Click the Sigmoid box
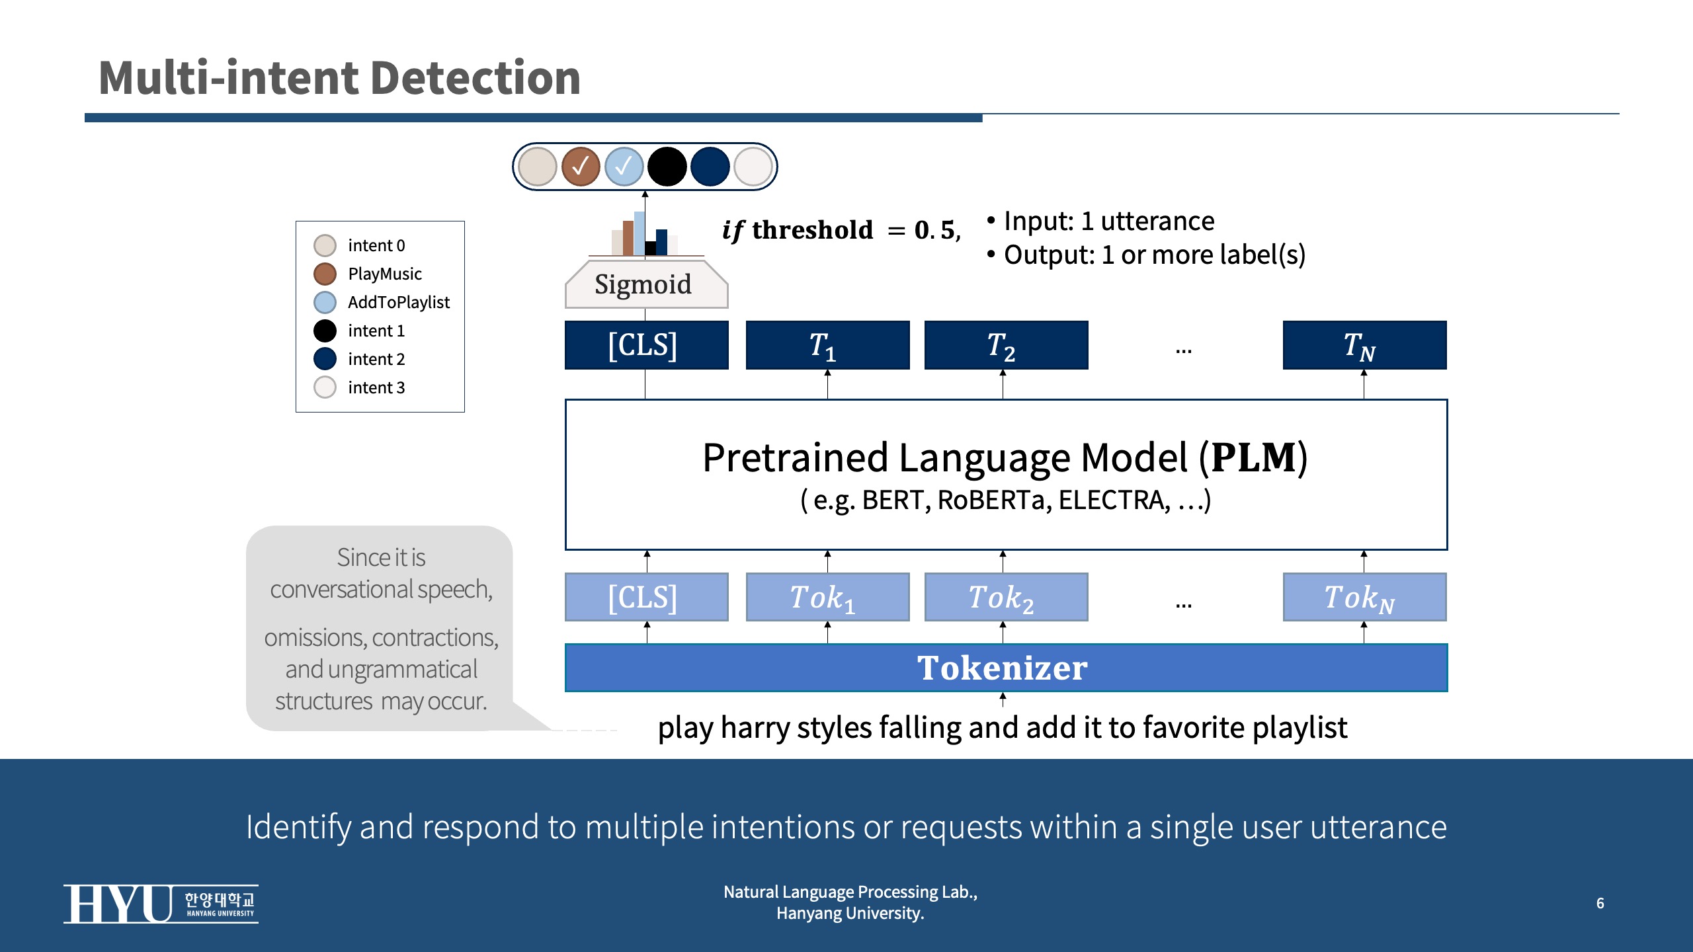pos(646,285)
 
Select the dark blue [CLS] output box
pos(646,345)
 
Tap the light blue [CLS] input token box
pos(646,597)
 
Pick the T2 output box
pos(1005,345)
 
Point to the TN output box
pos(1364,345)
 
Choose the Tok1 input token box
pos(827,597)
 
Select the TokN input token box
pos(1364,597)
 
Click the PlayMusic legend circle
pos(325,274)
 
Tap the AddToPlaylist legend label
pos(398,302)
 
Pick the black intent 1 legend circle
pos(325,331)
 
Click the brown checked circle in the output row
pos(580,167)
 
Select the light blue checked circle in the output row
pos(624,167)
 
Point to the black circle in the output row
pos(667,167)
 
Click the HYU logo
pos(161,904)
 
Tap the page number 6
pos(1600,903)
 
